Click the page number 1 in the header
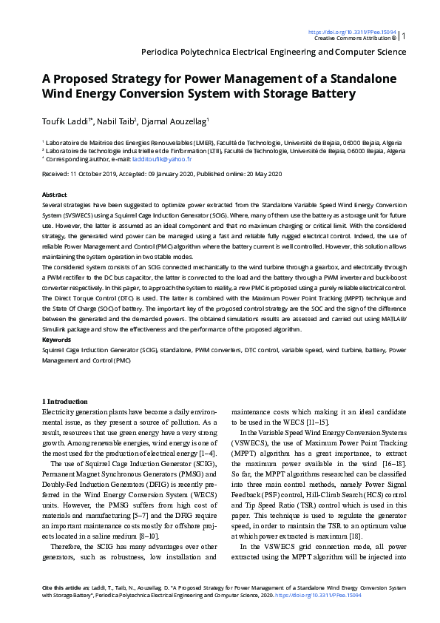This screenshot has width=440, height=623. (x=404, y=36)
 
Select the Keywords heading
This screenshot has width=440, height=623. (x=57, y=340)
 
